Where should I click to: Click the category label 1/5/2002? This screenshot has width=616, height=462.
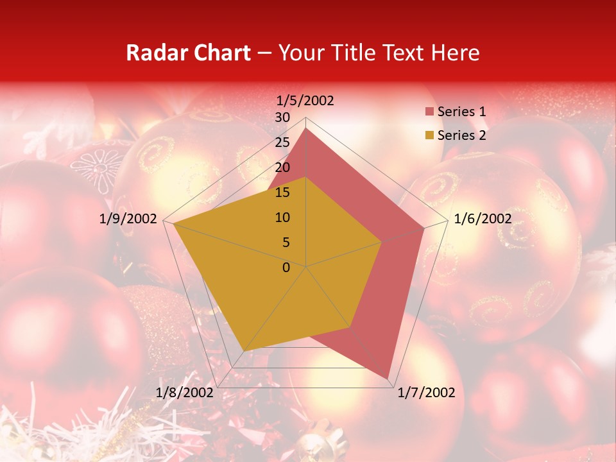coord(305,101)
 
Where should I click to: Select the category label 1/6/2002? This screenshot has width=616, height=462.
coord(483,219)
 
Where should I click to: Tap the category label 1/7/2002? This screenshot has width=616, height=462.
coord(426,393)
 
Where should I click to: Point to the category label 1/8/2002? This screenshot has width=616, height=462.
coord(184,393)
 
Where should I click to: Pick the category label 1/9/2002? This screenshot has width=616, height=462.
coord(128,219)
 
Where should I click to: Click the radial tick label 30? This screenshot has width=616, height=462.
coord(282,117)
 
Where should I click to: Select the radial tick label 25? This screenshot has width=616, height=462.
coord(282,142)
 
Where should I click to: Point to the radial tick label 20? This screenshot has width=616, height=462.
coord(282,167)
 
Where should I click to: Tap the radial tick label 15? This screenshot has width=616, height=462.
coord(282,193)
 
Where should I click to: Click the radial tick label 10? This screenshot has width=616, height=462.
coord(282,218)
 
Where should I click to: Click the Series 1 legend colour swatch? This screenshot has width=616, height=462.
coord(429,112)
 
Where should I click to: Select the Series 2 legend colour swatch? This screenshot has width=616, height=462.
coord(429,135)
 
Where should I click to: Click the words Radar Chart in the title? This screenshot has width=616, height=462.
coord(188,53)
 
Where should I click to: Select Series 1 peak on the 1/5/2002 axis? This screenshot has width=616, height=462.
coord(306,128)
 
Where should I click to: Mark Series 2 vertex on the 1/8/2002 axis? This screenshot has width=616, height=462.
coord(243,351)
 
